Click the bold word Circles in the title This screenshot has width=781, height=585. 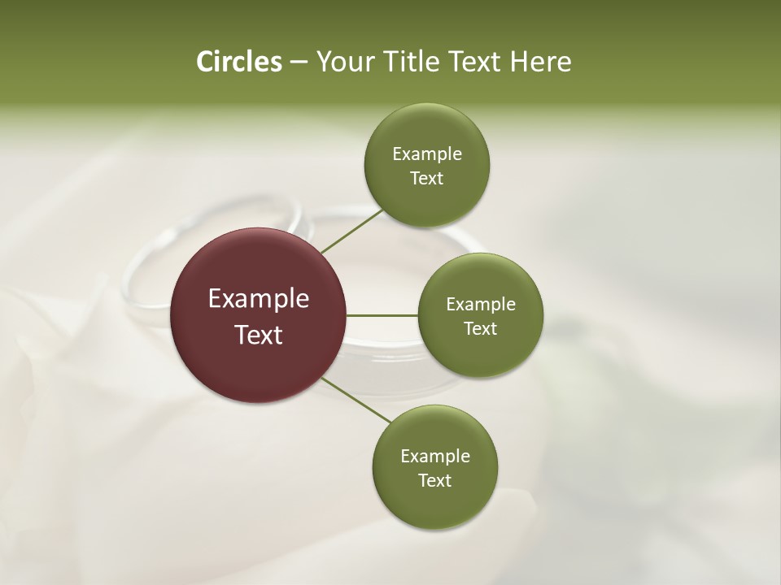[238, 62]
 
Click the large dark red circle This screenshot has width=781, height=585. [259, 315]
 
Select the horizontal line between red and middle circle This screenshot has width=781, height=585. [382, 315]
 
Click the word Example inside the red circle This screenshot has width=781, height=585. [259, 299]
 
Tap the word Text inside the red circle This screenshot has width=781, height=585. [259, 334]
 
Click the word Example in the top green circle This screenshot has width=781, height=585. [427, 154]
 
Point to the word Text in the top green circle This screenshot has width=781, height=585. [426, 178]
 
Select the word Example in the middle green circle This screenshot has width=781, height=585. [481, 305]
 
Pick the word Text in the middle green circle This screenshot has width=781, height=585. [480, 328]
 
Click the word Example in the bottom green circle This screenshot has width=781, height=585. [435, 457]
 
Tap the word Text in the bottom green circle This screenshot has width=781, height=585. [434, 480]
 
